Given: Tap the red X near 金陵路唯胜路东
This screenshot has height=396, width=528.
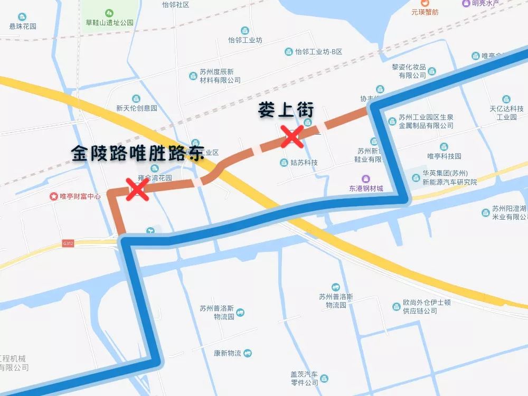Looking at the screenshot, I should tap(137, 188).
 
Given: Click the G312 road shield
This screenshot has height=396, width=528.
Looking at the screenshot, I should tap(68, 243).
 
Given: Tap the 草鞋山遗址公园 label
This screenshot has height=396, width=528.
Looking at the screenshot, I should tap(109, 23).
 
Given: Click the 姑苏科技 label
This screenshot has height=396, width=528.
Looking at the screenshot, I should tap(303, 162).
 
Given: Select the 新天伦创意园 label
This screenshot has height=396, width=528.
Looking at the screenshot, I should tap(137, 108).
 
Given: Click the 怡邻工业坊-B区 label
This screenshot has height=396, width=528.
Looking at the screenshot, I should tap(319, 51).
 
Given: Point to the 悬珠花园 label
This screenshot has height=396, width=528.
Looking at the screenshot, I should tap(23, 26).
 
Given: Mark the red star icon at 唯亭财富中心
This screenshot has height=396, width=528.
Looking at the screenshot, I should tap(53, 196).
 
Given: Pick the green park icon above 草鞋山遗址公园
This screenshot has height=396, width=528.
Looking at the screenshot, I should tap(109, 12).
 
